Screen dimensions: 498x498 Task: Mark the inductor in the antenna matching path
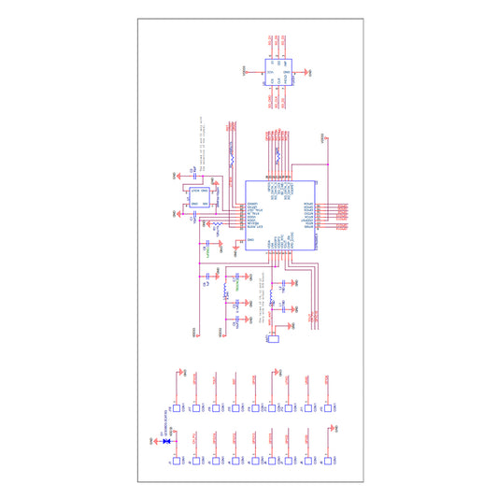(272, 300)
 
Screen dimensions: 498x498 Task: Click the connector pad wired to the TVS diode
(175, 462)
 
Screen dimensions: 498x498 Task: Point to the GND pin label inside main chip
(249, 239)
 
